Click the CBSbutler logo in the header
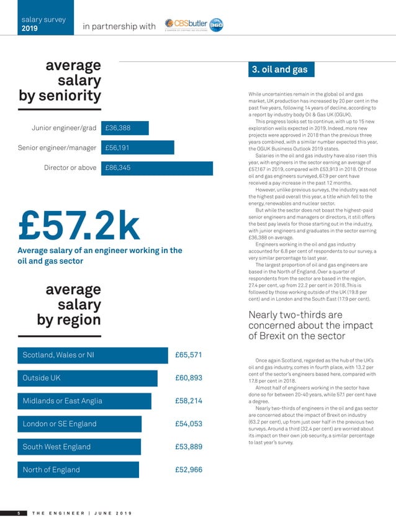pyautogui.click(x=193, y=25)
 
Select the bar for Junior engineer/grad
pyautogui.click(x=125, y=128)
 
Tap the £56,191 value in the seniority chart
pyautogui.click(x=118, y=148)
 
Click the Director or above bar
pyautogui.click(x=156, y=168)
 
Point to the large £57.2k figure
pyautogui.click(x=80, y=225)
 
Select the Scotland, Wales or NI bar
pyautogui.click(x=93, y=356)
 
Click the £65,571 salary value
pyautogui.click(x=189, y=356)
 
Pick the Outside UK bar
pyautogui.click(x=88, y=378)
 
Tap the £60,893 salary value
pyautogui.click(x=189, y=378)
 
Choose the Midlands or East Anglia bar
pyautogui.click(x=84, y=401)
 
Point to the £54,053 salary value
pyautogui.click(x=189, y=424)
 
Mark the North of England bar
pyautogui.click(x=78, y=470)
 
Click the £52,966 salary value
pyautogui.click(x=189, y=470)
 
